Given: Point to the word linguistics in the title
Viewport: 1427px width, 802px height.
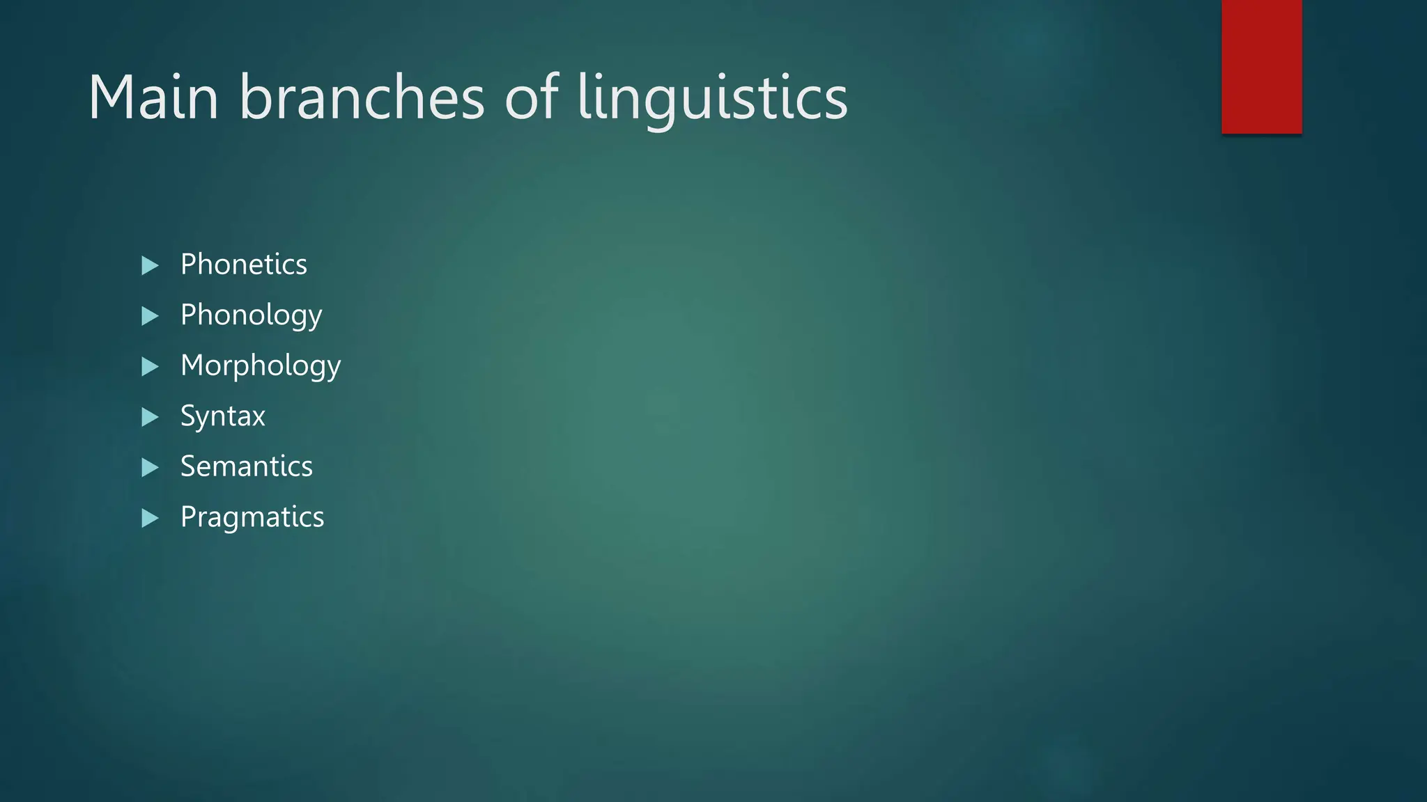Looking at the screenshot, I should pos(712,99).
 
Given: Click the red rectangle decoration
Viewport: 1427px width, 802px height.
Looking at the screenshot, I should pos(1261,66).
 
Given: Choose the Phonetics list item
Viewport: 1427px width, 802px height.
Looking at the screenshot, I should pos(243,265).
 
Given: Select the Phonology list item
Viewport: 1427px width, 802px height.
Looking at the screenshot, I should pos(251,315).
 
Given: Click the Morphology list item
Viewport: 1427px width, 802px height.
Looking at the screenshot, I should pos(260,366).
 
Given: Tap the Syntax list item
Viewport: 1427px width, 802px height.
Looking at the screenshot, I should pos(222,416).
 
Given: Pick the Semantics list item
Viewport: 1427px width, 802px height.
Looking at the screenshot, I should pos(246,466).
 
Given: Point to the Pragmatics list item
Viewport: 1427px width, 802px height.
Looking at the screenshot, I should pos(252,517).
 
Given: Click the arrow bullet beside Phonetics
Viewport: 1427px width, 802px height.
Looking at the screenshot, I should pos(150,265).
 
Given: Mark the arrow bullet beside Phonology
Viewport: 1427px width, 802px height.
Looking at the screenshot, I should pos(150,316).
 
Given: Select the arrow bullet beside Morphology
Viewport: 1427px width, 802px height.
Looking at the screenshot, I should pos(150,366).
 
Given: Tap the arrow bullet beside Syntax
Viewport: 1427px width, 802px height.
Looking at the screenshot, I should pos(150,417).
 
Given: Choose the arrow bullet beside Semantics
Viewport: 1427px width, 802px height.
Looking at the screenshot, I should pos(150,467).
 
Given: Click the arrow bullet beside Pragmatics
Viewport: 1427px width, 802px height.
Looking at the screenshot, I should pos(150,518).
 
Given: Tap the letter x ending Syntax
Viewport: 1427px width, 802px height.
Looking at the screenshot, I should pos(258,418).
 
